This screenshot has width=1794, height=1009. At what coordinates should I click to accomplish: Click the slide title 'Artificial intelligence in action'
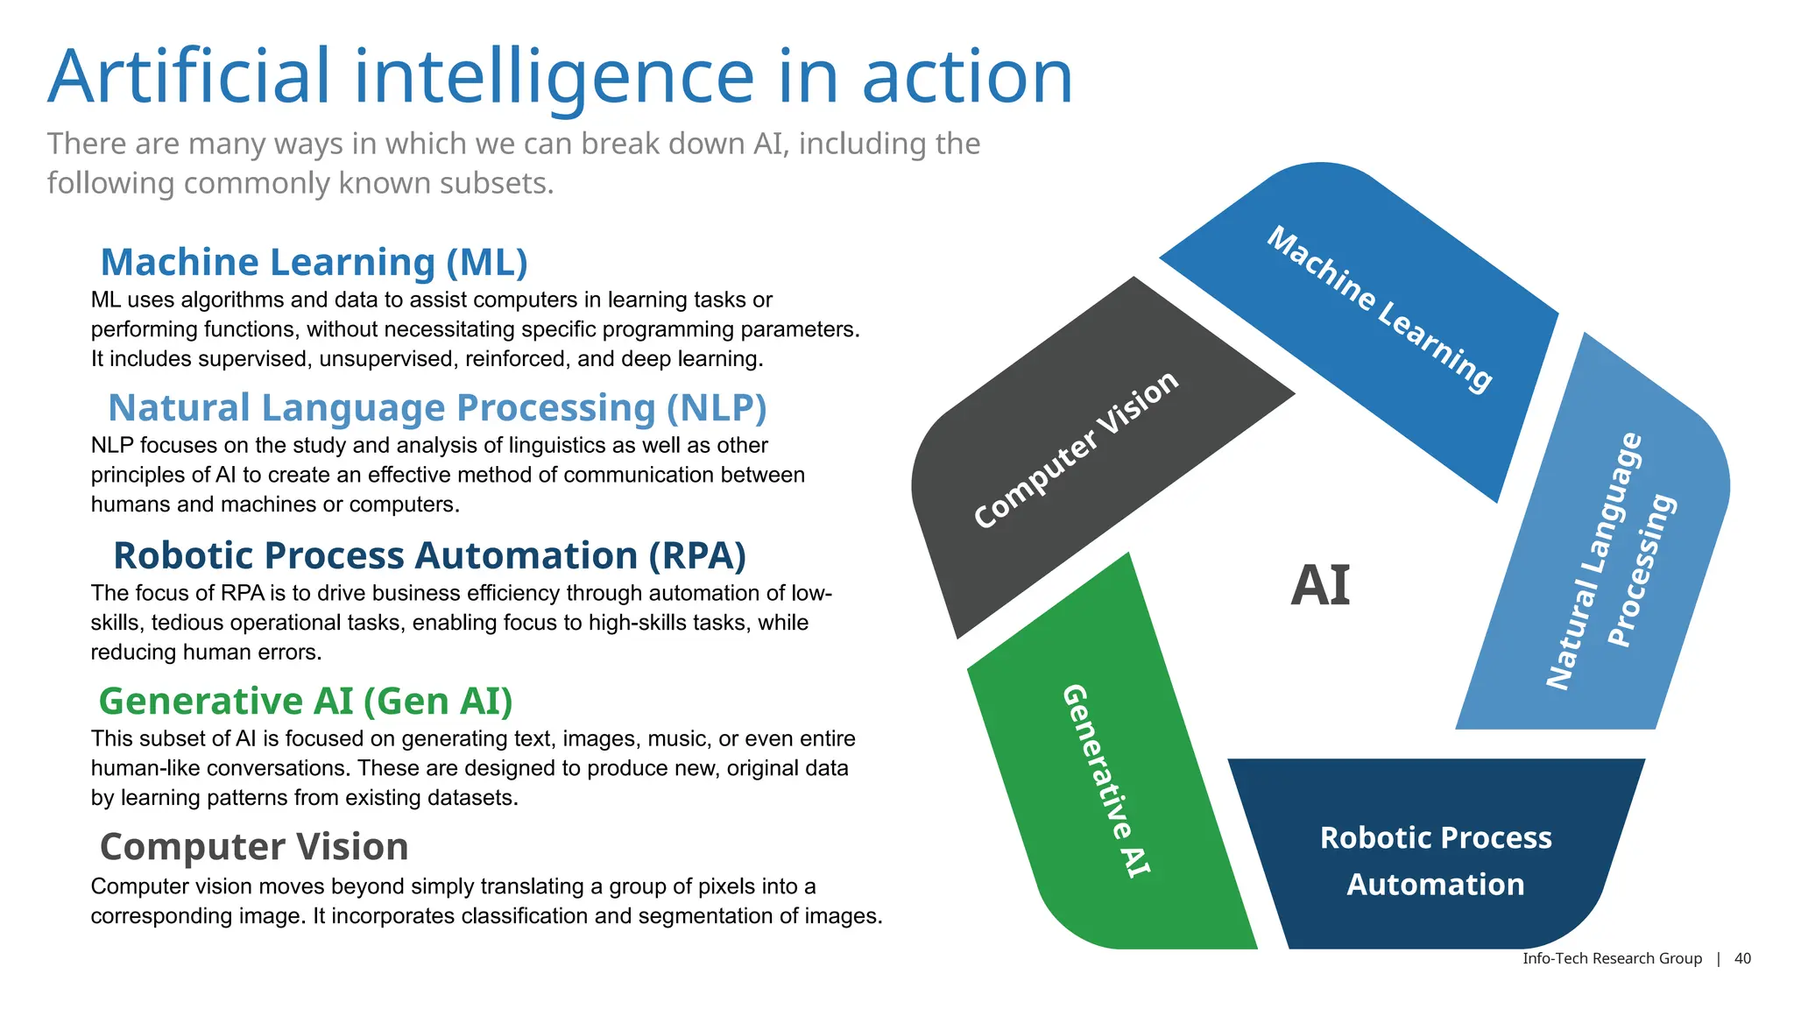click(x=561, y=77)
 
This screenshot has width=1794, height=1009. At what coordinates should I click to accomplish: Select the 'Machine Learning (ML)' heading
click(x=314, y=262)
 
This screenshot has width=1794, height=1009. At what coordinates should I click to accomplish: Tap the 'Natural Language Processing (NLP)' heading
click(x=436, y=408)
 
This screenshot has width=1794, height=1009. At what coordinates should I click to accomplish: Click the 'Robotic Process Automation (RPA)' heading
click(x=429, y=555)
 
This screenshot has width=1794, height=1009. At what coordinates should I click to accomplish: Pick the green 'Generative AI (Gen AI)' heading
click(x=305, y=701)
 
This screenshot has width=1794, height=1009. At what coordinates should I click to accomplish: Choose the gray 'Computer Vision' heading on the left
click(x=254, y=847)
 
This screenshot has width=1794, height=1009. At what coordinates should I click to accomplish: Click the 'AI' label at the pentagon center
click(x=1320, y=585)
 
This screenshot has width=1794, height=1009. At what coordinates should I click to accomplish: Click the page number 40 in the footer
click(x=1742, y=958)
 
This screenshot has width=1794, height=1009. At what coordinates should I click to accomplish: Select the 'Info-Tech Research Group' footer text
click(x=1612, y=958)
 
